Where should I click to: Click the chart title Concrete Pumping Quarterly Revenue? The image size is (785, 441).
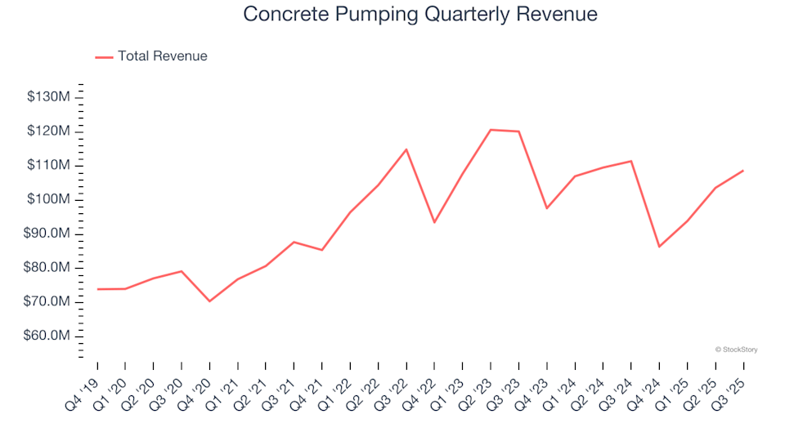[420, 15]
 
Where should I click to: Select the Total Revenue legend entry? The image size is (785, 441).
[162, 56]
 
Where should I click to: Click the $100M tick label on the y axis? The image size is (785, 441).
[49, 199]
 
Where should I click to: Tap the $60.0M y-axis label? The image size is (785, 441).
[49, 336]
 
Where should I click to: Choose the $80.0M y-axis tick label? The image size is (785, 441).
[49, 268]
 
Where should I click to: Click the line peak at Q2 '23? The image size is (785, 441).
[491, 130]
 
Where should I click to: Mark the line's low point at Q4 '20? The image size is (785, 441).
[209, 301]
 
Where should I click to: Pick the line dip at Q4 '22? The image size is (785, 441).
[434, 222]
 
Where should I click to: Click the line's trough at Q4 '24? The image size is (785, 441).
[659, 247]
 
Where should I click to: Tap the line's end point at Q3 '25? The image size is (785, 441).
[743, 171]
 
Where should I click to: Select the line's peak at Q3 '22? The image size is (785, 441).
[406, 149]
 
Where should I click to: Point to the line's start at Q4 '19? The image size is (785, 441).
[97, 289]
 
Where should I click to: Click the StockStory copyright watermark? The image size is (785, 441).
[736, 350]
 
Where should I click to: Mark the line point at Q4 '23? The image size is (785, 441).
[547, 208]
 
